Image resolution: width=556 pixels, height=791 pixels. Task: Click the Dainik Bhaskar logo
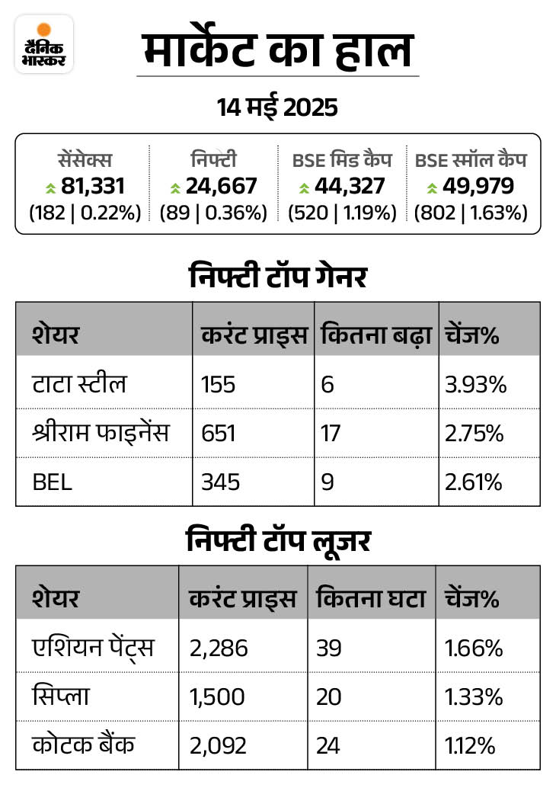click(44, 44)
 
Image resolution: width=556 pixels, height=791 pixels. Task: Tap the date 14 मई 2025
click(277, 107)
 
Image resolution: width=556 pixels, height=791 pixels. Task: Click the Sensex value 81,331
click(91, 186)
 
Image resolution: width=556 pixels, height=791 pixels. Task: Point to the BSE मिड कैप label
click(342, 160)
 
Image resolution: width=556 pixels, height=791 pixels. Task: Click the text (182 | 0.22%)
click(85, 213)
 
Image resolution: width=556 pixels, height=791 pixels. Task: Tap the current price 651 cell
click(219, 434)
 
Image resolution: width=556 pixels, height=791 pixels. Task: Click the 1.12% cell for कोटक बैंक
click(473, 745)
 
